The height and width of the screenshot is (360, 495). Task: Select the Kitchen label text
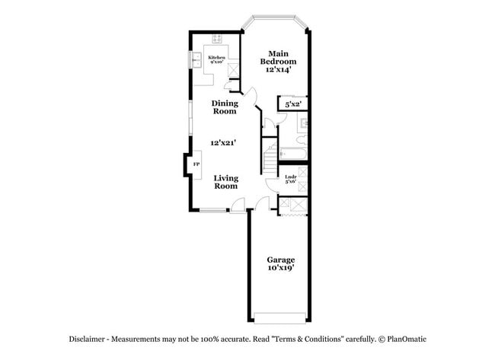(x=217, y=58)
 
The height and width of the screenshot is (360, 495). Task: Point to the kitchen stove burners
(x=217, y=37)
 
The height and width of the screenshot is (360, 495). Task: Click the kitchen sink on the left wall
(x=194, y=59)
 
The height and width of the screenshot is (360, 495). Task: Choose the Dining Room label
(x=225, y=107)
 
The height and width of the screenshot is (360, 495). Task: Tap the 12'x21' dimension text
(x=225, y=142)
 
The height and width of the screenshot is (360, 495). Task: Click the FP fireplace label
(x=196, y=164)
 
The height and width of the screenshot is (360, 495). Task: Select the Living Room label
(x=225, y=182)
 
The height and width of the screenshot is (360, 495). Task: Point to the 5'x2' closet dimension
(x=292, y=104)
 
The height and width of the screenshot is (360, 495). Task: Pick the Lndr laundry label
(x=290, y=179)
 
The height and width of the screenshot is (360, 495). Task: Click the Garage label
(x=280, y=260)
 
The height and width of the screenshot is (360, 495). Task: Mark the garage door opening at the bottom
(x=280, y=317)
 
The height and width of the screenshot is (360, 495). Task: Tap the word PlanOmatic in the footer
(x=410, y=338)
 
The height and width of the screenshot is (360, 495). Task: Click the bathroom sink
(x=303, y=123)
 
